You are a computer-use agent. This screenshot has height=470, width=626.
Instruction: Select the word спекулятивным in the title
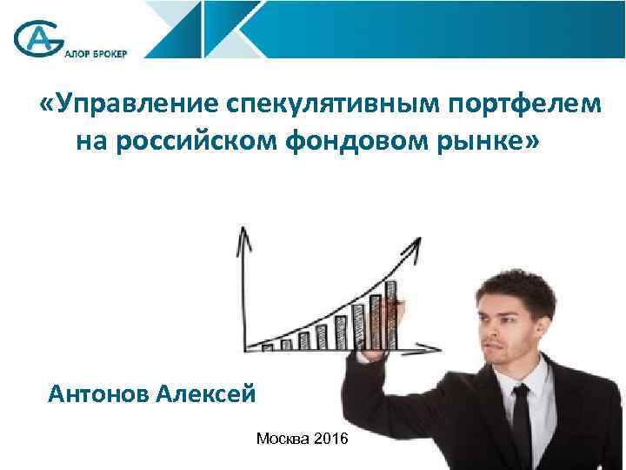(x=334, y=104)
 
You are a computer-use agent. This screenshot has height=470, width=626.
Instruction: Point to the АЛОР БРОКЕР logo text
(x=95, y=53)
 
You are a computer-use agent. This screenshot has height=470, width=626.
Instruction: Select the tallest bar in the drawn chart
(x=391, y=313)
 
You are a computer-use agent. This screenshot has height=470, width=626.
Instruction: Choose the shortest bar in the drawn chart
(x=268, y=346)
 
